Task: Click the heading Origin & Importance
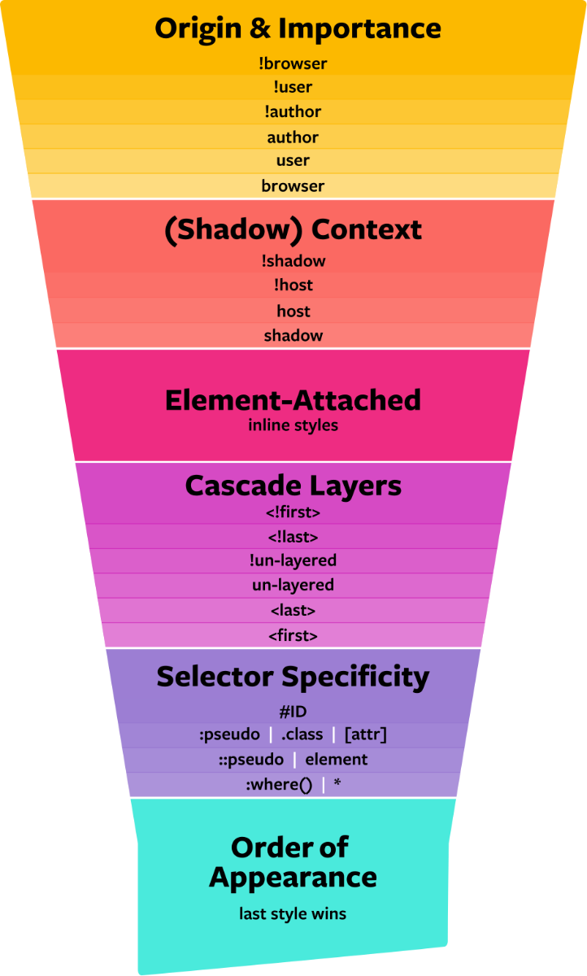(x=298, y=29)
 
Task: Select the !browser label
(x=293, y=63)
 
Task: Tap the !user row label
(x=293, y=87)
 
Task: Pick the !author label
(x=293, y=111)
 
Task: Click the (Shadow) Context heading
(x=293, y=229)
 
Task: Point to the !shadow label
(x=293, y=261)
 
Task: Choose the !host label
(x=293, y=285)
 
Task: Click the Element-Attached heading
(x=293, y=400)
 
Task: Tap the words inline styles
(x=293, y=425)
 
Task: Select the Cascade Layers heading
(x=293, y=486)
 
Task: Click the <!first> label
(x=293, y=512)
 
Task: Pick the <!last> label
(x=293, y=537)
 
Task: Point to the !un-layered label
(x=293, y=560)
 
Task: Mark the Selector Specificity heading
(x=293, y=677)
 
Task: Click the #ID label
(x=293, y=712)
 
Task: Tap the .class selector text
(x=302, y=734)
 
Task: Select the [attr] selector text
(x=366, y=734)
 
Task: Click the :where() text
(x=279, y=785)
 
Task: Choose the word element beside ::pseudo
(x=337, y=760)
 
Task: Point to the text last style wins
(x=293, y=914)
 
